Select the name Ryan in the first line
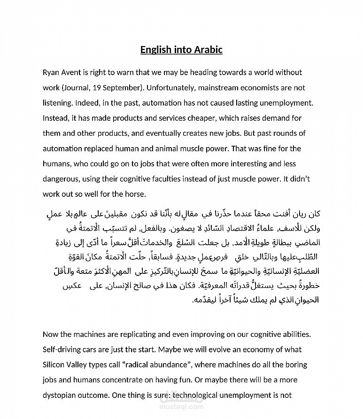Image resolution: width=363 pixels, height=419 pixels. point(51,72)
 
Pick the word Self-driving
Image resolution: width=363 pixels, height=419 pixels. point(62,349)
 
